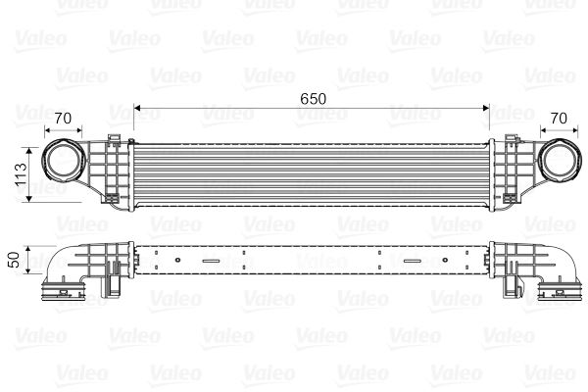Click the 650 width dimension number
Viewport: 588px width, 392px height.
click(x=313, y=98)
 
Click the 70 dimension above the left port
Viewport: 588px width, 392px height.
click(x=64, y=120)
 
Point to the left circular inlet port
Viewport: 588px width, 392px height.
click(x=64, y=162)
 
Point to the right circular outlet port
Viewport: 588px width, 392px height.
click(x=559, y=162)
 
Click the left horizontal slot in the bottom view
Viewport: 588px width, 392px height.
click(x=211, y=261)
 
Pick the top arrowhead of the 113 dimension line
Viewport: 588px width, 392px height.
click(x=33, y=143)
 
